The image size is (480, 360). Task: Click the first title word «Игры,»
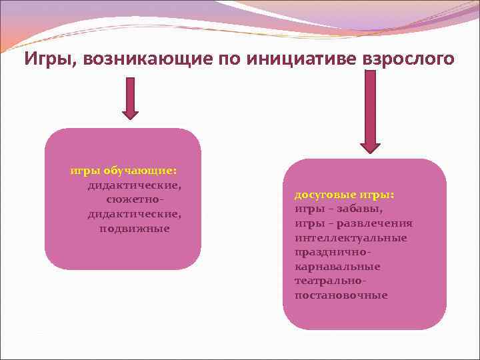48,59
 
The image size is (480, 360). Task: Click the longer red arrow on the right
369,110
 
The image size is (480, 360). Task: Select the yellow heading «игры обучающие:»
123,170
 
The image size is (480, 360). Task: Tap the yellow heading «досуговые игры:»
344,195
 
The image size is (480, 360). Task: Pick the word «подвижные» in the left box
135,229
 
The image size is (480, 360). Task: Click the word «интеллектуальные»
351,238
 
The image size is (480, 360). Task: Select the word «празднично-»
332,253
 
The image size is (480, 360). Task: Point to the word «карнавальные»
337,267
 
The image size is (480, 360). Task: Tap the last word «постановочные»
341,295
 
